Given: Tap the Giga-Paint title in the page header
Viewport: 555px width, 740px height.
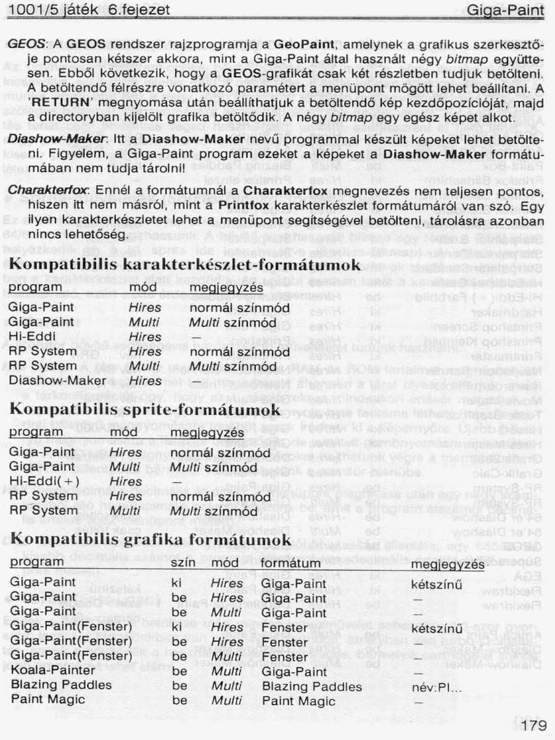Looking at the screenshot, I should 506,10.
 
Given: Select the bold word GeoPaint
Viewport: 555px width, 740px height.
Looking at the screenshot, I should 303,45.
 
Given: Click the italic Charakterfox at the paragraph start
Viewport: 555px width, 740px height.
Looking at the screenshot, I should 38,190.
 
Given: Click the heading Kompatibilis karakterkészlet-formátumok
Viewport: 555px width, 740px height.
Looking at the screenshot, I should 185,265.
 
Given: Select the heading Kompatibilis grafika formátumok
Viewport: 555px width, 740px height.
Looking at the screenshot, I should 151,540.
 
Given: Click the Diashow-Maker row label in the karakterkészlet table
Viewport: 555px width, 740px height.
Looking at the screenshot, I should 50,381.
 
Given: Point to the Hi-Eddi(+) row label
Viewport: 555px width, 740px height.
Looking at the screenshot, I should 44,482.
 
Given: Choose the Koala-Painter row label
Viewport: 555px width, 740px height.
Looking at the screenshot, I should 54,672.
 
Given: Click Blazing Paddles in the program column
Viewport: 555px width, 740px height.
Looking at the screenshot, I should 62,686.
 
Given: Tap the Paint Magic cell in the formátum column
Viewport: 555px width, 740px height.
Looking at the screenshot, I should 299,701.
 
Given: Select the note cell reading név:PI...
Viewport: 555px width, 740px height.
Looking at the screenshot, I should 436,686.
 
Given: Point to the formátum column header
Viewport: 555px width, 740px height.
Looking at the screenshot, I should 290,564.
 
